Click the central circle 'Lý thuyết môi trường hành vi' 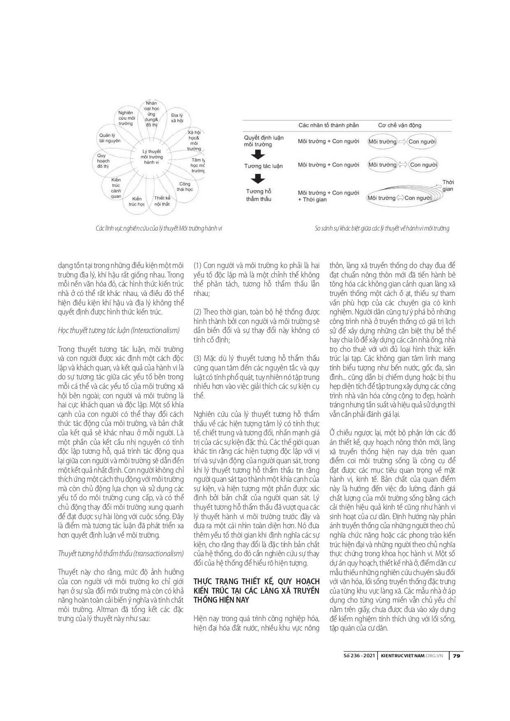click(x=151, y=157)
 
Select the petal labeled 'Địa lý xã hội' click(x=177, y=119)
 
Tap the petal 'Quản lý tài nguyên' click(x=110, y=138)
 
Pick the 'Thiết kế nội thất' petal click(x=162, y=201)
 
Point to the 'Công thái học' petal click(x=185, y=187)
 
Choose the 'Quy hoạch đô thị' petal click(x=103, y=161)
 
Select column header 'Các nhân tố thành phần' click(x=328, y=125)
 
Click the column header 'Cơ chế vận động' click(x=399, y=125)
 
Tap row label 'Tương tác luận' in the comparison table click(x=263, y=166)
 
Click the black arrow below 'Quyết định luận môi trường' click(x=258, y=155)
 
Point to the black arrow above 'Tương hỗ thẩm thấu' click(x=258, y=179)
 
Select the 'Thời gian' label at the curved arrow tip click(x=448, y=185)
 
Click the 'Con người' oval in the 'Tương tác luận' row click(x=423, y=165)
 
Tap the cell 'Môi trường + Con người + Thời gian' click(x=328, y=196)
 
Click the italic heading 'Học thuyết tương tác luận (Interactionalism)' click(x=119, y=330)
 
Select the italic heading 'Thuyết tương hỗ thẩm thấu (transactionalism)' click(x=121, y=553)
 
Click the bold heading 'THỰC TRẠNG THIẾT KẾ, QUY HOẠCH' click(x=256, y=581)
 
